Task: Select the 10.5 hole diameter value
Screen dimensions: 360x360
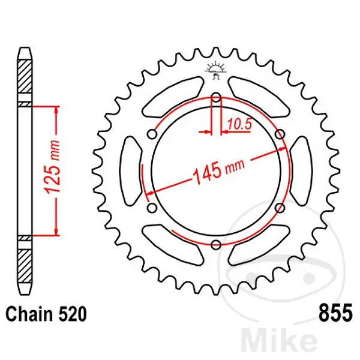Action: (240, 125)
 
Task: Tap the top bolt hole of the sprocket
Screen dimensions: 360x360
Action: (216, 98)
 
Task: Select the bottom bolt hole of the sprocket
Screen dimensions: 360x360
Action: (216, 244)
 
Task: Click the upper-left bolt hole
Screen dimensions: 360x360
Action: (152, 134)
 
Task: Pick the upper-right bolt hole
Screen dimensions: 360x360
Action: (280, 134)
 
